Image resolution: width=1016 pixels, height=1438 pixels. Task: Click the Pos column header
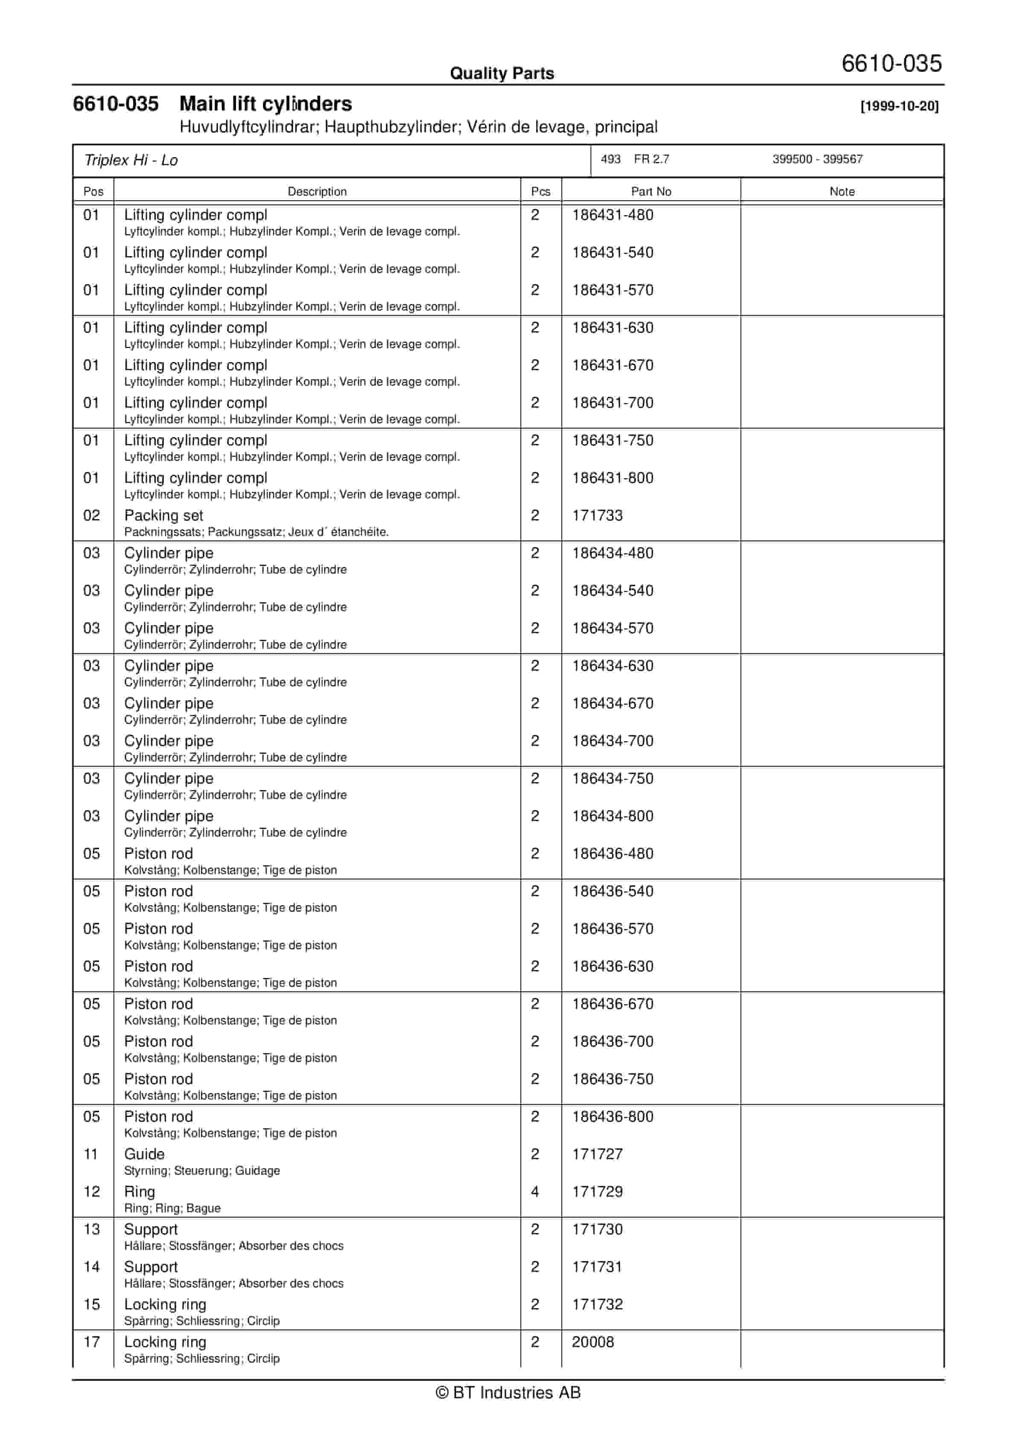pyautogui.click(x=93, y=192)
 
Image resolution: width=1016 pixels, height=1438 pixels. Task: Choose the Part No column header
pyautogui.click(x=651, y=192)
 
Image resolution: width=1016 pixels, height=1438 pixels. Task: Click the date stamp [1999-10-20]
pyautogui.click(x=899, y=106)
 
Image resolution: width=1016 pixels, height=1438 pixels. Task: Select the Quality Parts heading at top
pyautogui.click(x=502, y=73)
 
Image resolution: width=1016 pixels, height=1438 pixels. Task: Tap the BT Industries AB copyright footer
pyautogui.click(x=508, y=1392)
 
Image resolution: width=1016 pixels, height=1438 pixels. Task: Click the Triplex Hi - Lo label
pyautogui.click(x=131, y=161)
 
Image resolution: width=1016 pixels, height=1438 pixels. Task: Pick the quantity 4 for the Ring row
pyautogui.click(x=534, y=1192)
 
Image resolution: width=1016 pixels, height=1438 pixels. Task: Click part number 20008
pyautogui.click(x=593, y=1342)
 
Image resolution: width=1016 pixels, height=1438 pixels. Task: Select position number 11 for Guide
pyautogui.click(x=91, y=1154)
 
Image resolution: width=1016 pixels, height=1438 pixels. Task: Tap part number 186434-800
pyautogui.click(x=612, y=816)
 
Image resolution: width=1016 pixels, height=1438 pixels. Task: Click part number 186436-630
pyautogui.click(x=612, y=966)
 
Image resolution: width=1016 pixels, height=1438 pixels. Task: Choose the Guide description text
pyautogui.click(x=144, y=1154)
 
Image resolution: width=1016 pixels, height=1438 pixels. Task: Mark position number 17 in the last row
pyautogui.click(x=91, y=1342)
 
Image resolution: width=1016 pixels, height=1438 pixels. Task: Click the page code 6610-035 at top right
pyautogui.click(x=891, y=63)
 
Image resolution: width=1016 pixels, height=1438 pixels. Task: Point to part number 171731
pyautogui.click(x=597, y=1267)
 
